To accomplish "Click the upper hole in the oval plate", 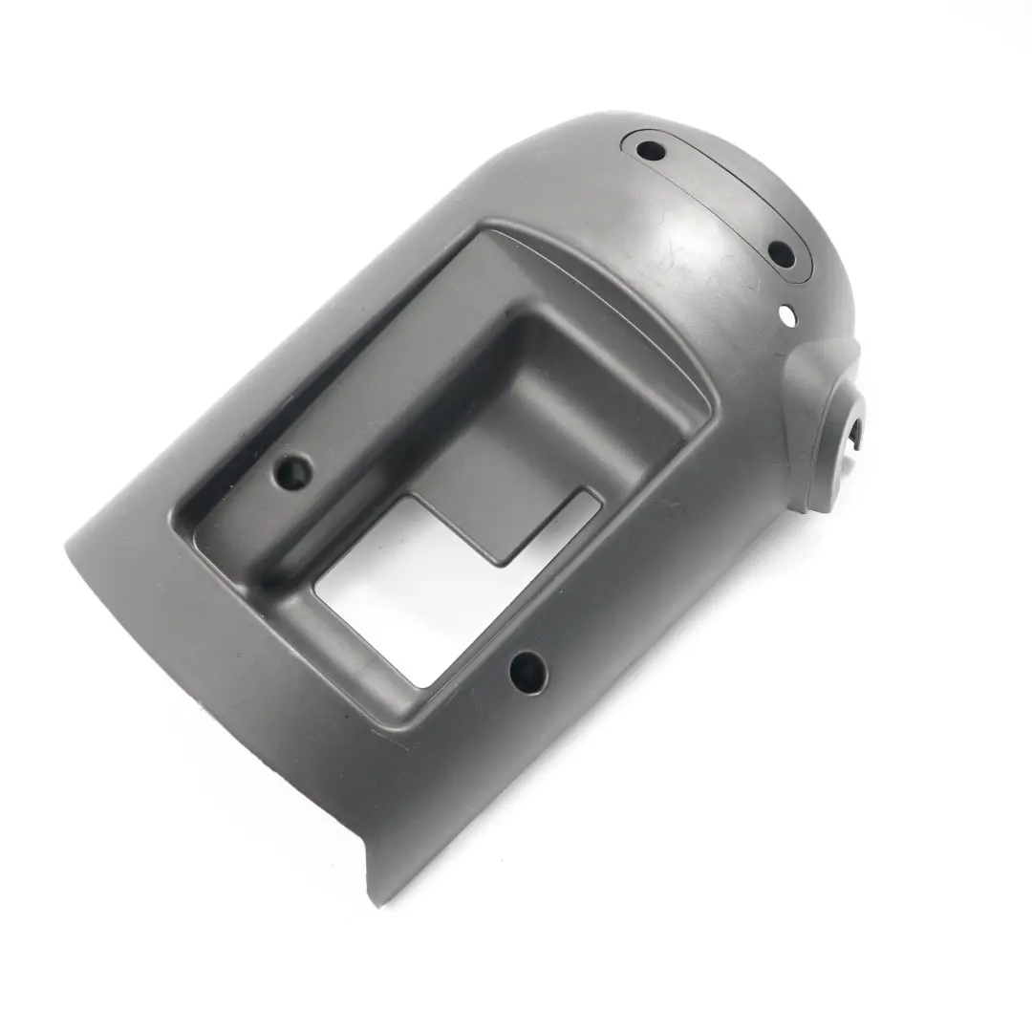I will click(x=651, y=151).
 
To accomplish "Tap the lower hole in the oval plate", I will click(x=781, y=255).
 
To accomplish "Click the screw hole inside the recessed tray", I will click(x=291, y=471).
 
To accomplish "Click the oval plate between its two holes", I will click(x=717, y=201).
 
